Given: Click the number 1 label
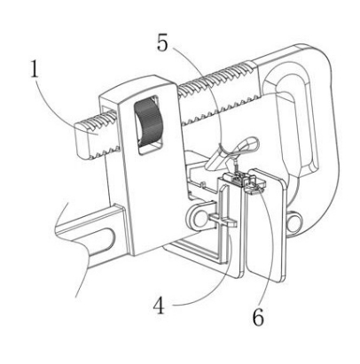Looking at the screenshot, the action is pyautogui.click(x=35, y=69).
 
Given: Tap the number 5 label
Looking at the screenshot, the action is pyautogui.click(x=162, y=43).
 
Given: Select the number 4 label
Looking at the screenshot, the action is pyautogui.click(x=159, y=306).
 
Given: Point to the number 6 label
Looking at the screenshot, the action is pyautogui.click(x=258, y=317).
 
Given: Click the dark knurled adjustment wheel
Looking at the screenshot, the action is pyautogui.click(x=148, y=122).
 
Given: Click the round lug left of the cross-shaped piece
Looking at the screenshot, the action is pyautogui.click(x=197, y=218).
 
